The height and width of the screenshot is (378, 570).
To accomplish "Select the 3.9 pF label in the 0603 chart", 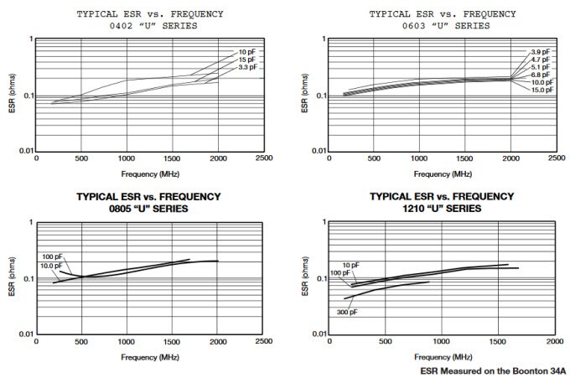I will point(541,53).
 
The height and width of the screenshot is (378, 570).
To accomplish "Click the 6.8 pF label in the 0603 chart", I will point(541,75).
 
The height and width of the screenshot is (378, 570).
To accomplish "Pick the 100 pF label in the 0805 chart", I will point(52,256).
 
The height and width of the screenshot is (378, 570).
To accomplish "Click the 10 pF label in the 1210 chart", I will point(350,265).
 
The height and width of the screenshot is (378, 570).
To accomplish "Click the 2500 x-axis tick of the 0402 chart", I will point(263,158).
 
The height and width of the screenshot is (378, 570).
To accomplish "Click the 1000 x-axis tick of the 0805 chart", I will point(126,341).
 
